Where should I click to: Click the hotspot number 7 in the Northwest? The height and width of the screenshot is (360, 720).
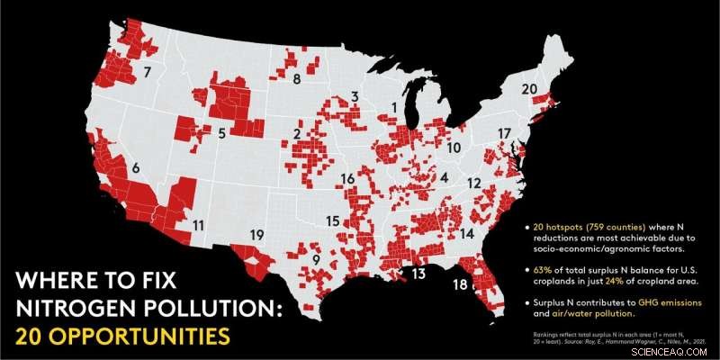click(x=148, y=69)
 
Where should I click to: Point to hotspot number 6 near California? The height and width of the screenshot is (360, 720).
click(x=136, y=167)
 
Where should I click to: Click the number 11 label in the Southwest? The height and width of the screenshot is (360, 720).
click(x=198, y=225)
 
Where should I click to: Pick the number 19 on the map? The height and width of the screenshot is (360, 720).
click(x=256, y=235)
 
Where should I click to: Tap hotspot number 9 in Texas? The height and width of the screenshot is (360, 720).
click(x=317, y=260)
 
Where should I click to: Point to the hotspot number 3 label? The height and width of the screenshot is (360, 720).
click(x=355, y=96)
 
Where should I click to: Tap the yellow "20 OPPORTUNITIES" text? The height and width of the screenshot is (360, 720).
click(x=113, y=337)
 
